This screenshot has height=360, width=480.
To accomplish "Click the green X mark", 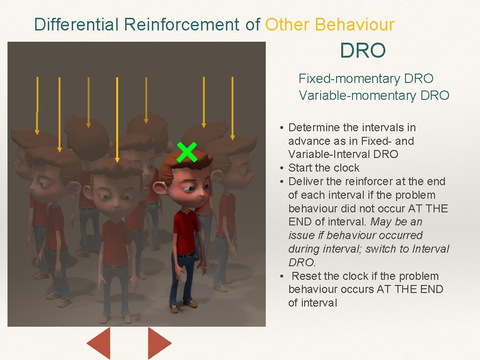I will pos(187,152).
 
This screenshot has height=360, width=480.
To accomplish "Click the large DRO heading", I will pos(363,51).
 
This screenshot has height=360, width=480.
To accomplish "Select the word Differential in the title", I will pos(77,24).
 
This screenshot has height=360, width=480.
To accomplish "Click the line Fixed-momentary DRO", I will pos(366,79).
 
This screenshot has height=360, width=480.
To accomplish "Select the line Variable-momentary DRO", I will pos(374,96).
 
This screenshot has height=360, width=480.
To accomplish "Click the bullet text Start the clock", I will pos(323,168).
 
